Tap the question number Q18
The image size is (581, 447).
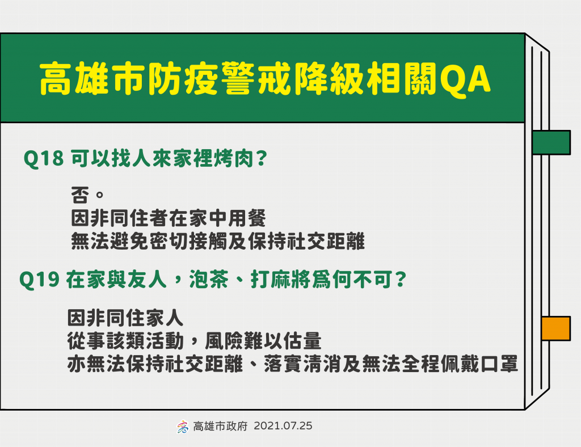point(43,158)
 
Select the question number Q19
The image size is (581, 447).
point(39,280)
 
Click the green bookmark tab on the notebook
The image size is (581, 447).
point(551,142)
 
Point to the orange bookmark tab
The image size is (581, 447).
point(555,328)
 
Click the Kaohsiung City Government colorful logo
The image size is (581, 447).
point(182,427)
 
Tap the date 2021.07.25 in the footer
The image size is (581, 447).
point(283,426)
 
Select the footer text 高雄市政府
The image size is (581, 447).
point(220,426)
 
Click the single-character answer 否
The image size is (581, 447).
point(80,195)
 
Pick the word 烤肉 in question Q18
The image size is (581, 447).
point(234,158)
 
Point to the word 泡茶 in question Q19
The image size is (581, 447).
point(209,279)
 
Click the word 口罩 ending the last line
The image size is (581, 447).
point(499,364)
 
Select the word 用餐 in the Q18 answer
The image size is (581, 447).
point(247,218)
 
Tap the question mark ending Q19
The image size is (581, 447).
point(401,279)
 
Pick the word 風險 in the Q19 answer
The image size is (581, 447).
point(224,341)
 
